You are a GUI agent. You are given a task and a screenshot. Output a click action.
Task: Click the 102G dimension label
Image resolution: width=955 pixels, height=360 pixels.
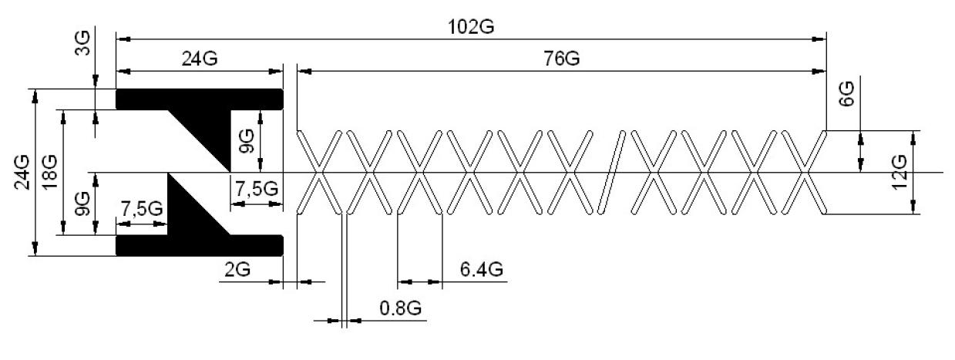[471, 27]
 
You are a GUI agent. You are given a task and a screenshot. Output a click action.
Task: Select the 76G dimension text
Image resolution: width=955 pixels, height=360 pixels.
[561, 59]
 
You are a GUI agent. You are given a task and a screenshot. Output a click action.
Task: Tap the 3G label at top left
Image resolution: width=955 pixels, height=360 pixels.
[82, 42]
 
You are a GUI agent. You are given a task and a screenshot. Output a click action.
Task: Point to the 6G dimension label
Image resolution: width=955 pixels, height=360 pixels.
[847, 94]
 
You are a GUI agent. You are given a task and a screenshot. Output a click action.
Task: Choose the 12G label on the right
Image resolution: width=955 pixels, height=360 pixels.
[899, 173]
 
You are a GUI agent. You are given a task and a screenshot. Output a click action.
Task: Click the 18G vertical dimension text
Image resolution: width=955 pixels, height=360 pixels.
[49, 173]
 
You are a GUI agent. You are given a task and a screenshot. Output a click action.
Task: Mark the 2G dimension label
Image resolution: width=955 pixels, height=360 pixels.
[237, 269]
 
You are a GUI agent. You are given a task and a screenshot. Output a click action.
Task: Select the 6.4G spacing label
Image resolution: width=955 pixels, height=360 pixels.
[481, 269]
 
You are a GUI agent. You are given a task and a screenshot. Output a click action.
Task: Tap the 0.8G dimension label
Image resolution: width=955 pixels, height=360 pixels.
[400, 308]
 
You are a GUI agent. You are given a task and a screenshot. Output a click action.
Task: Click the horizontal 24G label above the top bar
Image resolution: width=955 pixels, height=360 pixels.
[200, 59]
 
